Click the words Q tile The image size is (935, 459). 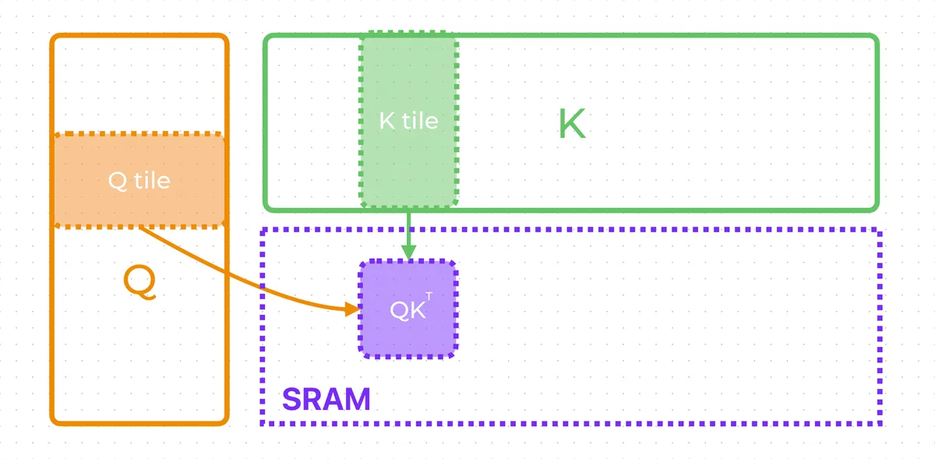point(139,181)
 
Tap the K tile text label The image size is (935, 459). point(408,121)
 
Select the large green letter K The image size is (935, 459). point(572,123)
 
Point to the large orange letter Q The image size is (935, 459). point(139,282)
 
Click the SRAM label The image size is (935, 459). point(326,399)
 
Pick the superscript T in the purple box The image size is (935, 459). point(429,297)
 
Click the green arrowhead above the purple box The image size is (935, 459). point(408,252)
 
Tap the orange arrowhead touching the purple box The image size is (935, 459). point(353,309)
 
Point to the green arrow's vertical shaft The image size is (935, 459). point(408,229)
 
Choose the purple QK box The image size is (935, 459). point(408,309)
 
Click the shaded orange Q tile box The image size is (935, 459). point(139,181)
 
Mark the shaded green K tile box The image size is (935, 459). point(408,119)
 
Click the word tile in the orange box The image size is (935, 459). point(153,181)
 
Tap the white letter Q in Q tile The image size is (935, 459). point(118,182)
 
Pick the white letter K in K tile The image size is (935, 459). point(387,121)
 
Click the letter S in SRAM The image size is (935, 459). point(291,399)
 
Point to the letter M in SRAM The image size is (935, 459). point(358,399)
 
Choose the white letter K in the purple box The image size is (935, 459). point(417,311)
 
